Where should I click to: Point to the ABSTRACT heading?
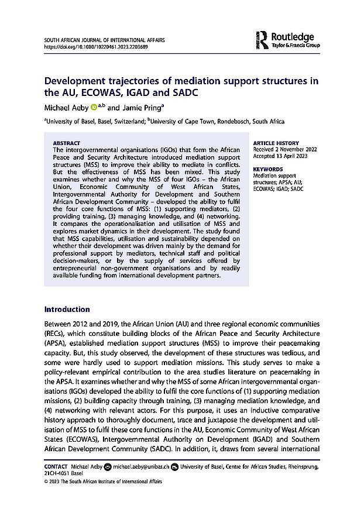point(67,143)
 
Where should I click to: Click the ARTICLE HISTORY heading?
point(275,143)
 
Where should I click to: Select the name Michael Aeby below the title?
point(65,108)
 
